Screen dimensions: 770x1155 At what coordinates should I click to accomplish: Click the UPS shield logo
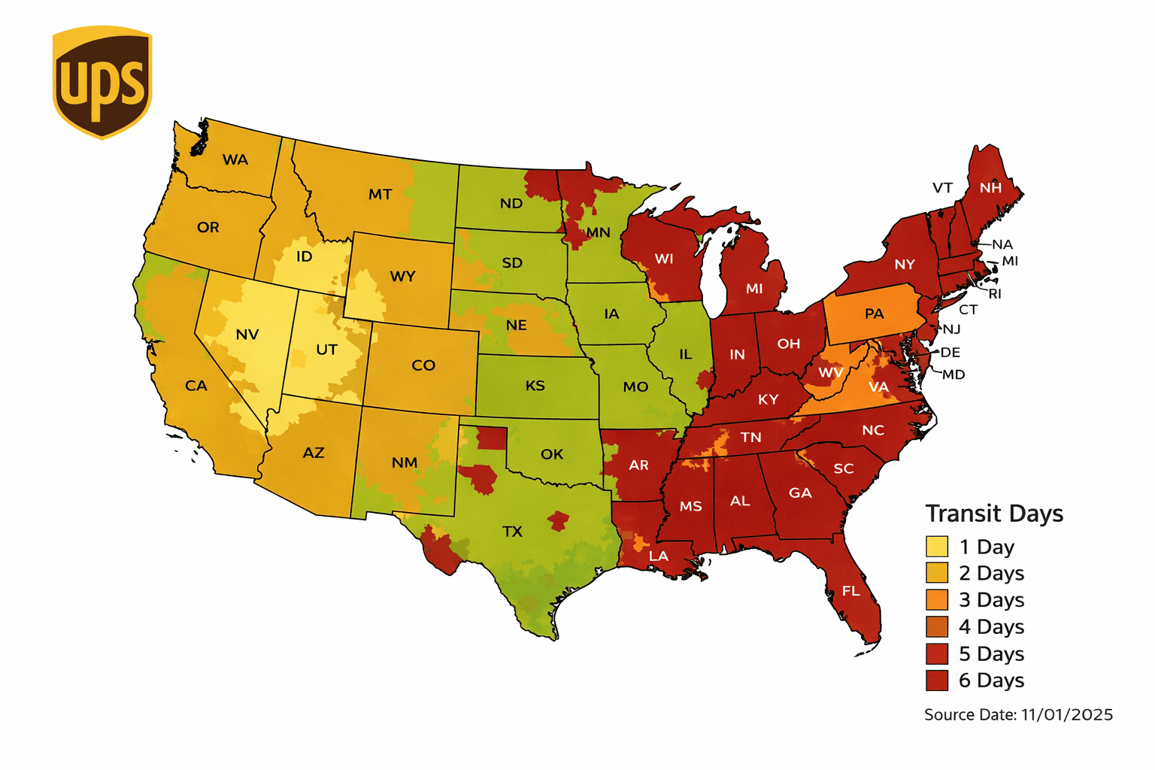(102, 82)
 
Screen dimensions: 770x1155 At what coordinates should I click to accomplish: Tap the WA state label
(235, 159)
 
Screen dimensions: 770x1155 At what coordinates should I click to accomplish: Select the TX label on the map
(512, 532)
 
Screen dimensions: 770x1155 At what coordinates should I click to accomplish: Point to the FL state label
(850, 591)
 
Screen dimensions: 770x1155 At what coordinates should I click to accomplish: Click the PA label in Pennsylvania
(874, 314)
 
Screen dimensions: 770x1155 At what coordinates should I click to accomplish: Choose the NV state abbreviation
(247, 335)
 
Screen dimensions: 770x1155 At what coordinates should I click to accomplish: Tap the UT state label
(326, 350)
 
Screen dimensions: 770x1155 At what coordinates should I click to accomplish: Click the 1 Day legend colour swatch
(937, 547)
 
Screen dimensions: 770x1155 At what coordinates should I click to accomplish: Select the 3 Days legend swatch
(937, 600)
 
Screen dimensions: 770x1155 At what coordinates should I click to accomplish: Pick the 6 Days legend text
(991, 681)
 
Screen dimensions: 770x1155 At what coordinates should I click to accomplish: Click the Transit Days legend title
(994, 514)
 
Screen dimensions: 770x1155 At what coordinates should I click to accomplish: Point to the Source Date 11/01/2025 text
(1018, 715)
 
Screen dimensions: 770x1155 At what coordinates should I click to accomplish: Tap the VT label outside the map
(942, 188)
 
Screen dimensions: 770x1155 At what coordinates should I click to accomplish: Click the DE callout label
(950, 352)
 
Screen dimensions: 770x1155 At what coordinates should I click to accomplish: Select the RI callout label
(995, 294)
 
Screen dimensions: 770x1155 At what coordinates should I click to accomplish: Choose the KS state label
(535, 386)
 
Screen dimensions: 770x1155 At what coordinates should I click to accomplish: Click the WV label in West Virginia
(830, 372)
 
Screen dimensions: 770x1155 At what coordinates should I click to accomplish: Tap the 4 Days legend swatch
(937, 626)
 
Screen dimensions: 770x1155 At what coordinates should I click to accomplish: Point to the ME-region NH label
(990, 188)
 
